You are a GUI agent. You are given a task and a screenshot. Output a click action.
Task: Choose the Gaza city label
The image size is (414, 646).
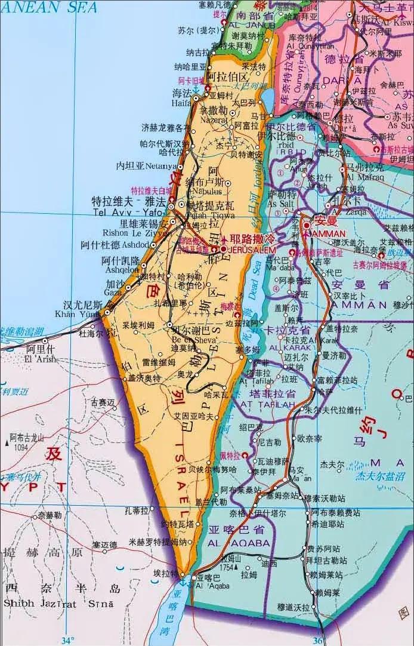coord(113,293)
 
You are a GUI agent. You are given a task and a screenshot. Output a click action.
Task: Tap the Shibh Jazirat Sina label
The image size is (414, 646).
coord(53,603)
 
